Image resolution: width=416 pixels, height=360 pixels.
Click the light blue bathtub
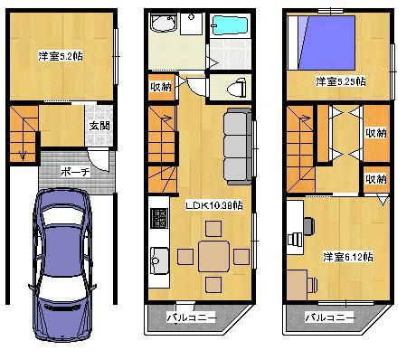(x=234, y=29)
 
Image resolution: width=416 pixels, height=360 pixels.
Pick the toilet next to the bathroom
(x=235, y=88)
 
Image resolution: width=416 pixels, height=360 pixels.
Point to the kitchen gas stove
(x=159, y=219)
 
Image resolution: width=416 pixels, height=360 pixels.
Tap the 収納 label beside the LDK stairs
(x=158, y=87)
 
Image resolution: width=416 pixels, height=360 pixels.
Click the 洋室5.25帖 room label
(x=340, y=82)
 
